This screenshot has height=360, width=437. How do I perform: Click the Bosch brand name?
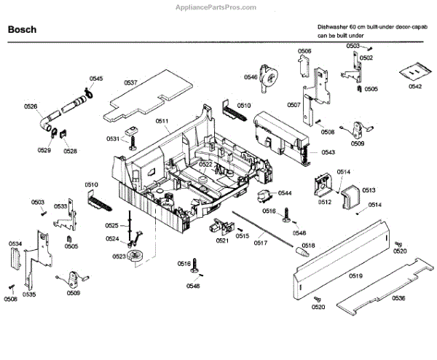click(x=22, y=31)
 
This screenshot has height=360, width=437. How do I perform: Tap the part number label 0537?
click(x=130, y=83)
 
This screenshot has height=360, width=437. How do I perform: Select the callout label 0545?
click(x=96, y=78)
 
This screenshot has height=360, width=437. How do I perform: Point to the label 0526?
click(x=31, y=107)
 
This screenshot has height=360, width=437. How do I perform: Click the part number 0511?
click(x=162, y=121)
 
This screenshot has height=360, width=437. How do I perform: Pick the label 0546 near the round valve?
click(x=251, y=77)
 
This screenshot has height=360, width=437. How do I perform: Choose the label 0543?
click(x=328, y=152)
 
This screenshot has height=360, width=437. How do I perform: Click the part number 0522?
click(x=205, y=165)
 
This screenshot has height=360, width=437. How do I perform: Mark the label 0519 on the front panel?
click(x=355, y=275)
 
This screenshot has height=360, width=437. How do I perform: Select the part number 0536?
click(x=398, y=298)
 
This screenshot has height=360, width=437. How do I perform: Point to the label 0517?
click(x=260, y=241)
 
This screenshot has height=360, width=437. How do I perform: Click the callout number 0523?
click(x=119, y=257)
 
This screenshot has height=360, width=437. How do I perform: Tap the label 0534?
click(x=15, y=243)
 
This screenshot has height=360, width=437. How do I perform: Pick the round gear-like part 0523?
click(x=136, y=256)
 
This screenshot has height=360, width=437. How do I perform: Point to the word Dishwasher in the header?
click(x=331, y=26)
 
